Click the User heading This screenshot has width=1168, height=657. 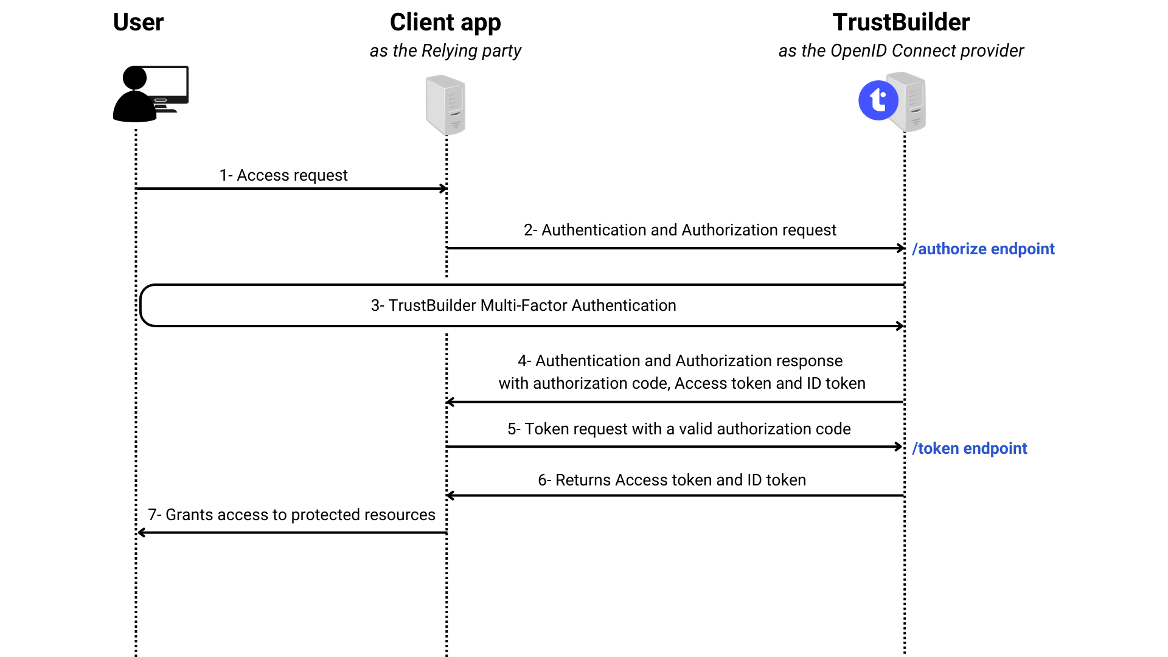138,23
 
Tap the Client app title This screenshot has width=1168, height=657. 445,23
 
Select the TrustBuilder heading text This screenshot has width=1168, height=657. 901,23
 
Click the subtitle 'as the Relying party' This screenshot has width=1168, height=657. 445,50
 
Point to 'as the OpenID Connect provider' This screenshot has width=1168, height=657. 901,50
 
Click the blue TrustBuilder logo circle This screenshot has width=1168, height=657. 878,100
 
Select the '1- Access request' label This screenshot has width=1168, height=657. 283,175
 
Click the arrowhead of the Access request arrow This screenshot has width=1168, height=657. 445,189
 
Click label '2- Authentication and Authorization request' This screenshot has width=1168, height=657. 680,230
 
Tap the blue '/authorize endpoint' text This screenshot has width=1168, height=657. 983,249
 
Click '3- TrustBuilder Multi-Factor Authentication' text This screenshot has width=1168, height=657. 523,305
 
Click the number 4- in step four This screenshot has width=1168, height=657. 524,361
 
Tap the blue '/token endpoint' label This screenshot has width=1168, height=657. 970,448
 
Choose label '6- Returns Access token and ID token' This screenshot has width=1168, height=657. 672,480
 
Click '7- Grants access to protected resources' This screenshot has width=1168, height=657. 291,515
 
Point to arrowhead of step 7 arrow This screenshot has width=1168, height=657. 141,533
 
